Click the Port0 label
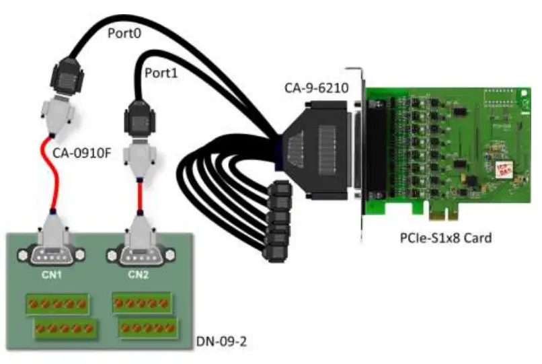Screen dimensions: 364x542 pos(125,33)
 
